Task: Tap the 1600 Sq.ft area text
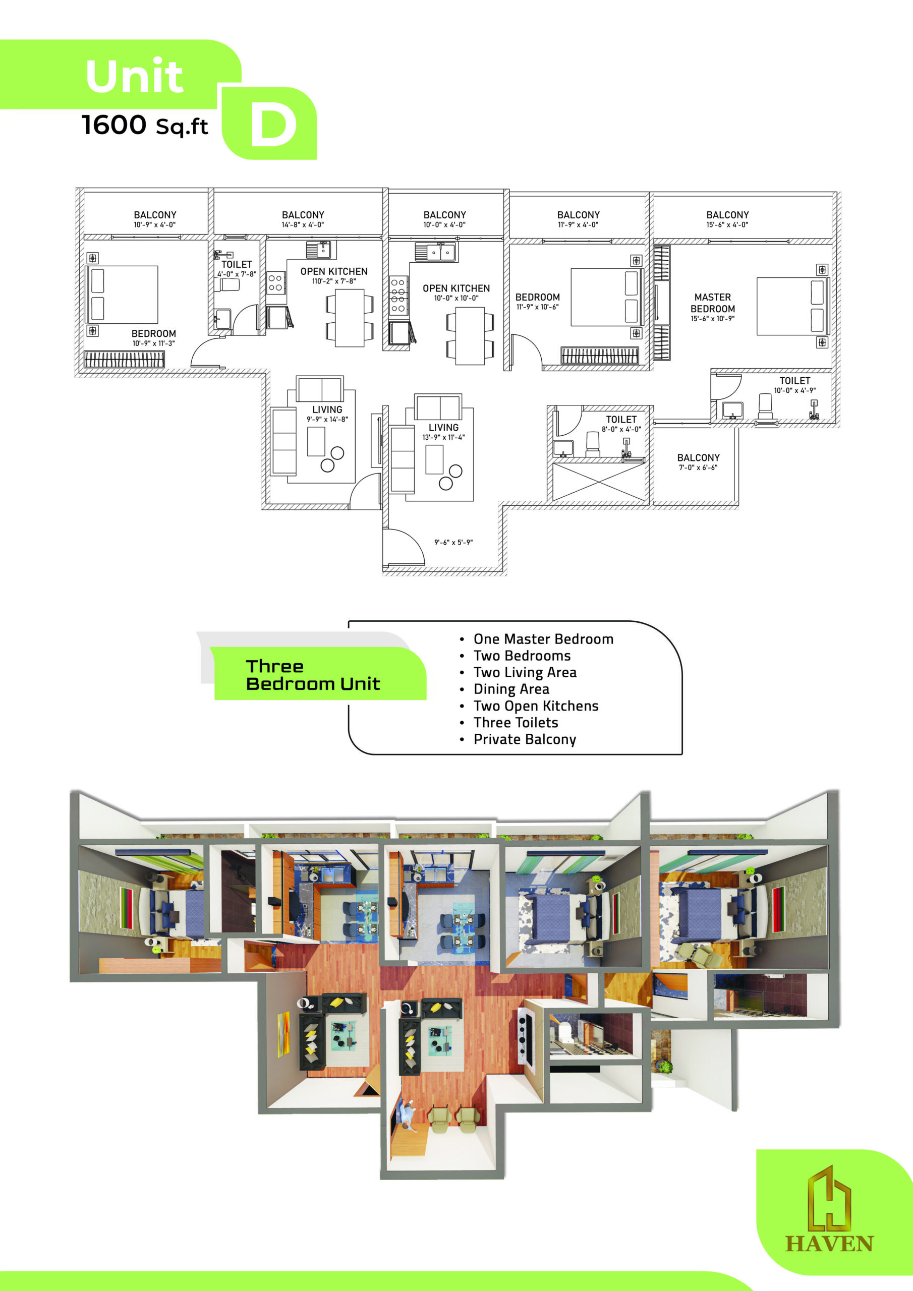(x=145, y=125)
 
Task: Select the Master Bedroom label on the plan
(x=713, y=303)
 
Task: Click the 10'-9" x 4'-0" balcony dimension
(x=155, y=225)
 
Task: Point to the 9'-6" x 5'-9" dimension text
(x=453, y=543)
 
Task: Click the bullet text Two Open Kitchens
(x=536, y=706)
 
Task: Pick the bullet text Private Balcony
(x=525, y=739)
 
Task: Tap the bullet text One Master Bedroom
(x=543, y=639)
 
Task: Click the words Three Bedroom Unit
(x=313, y=675)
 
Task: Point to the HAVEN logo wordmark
(x=829, y=1244)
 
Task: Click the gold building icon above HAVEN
(x=829, y=1197)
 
